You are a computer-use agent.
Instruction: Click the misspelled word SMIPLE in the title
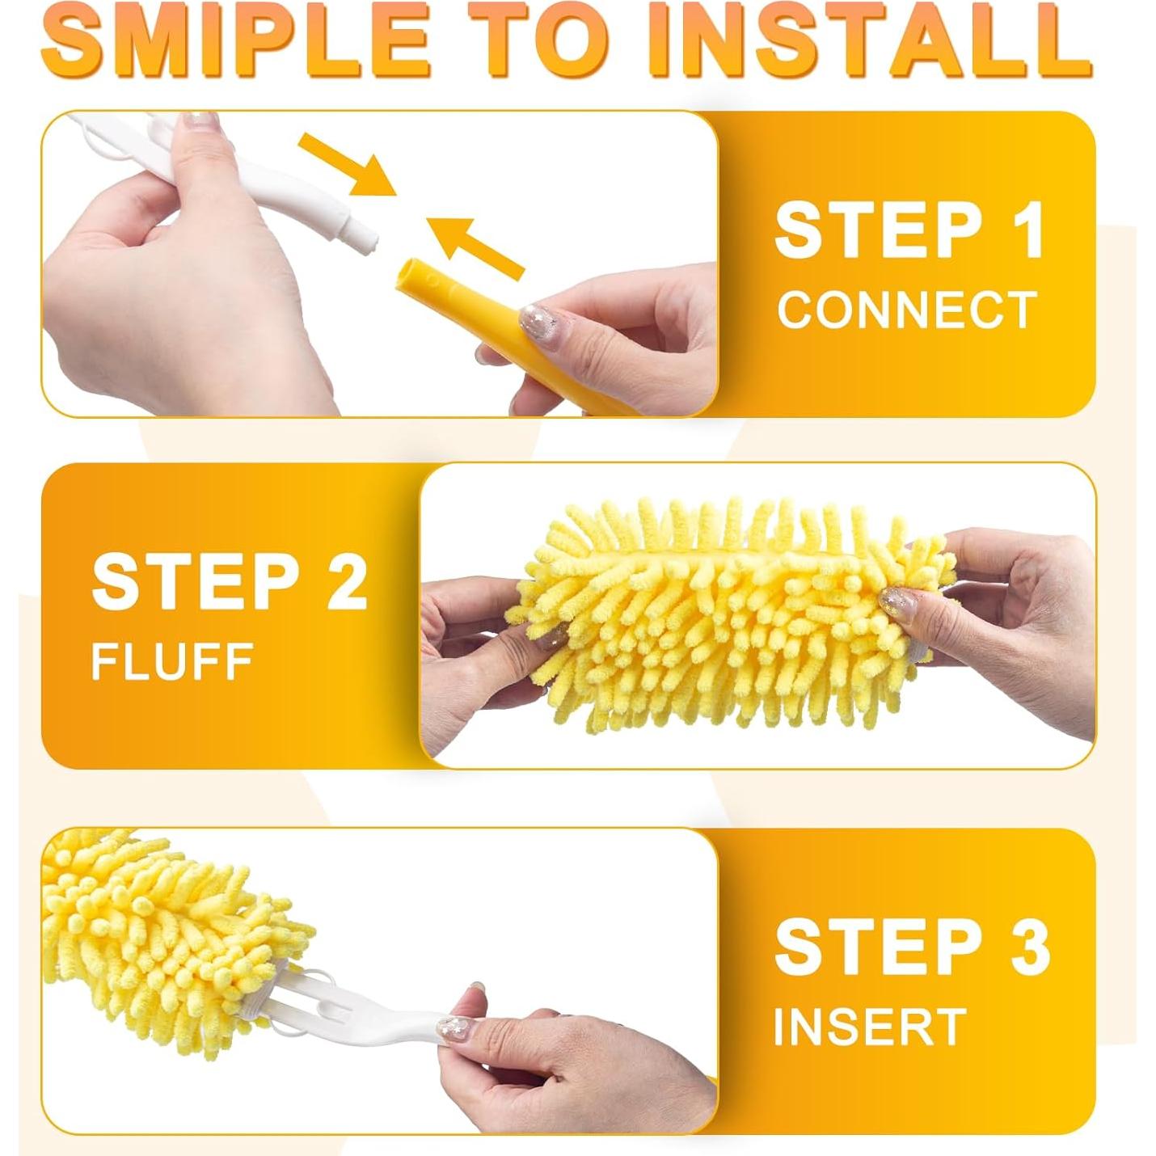(x=235, y=40)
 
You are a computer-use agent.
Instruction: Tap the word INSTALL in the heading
(x=874, y=40)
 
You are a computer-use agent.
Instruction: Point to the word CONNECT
(x=907, y=310)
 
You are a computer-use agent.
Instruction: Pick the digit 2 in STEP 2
(x=347, y=583)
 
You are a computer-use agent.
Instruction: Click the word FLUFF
(x=172, y=662)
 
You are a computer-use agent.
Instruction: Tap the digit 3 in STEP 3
(x=1030, y=947)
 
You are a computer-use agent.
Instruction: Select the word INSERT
(x=870, y=1027)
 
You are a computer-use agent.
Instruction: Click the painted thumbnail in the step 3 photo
(x=453, y=1028)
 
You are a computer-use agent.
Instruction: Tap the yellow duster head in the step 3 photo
(x=162, y=930)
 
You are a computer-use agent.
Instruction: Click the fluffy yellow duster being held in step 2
(x=728, y=614)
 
